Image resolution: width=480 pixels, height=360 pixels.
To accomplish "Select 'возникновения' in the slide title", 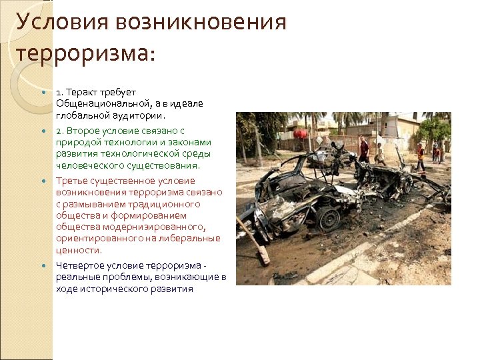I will point(201,22).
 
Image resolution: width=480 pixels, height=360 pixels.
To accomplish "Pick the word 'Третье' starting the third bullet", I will point(71,181).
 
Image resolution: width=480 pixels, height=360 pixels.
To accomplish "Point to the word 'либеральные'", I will point(195,239).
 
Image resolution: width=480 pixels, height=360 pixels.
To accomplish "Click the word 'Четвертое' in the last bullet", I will point(77,266).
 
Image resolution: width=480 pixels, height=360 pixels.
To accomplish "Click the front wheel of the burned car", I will point(327,217).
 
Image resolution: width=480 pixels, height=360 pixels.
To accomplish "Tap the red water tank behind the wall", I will point(301,134).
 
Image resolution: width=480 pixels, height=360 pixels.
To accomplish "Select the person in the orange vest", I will point(420,155).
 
